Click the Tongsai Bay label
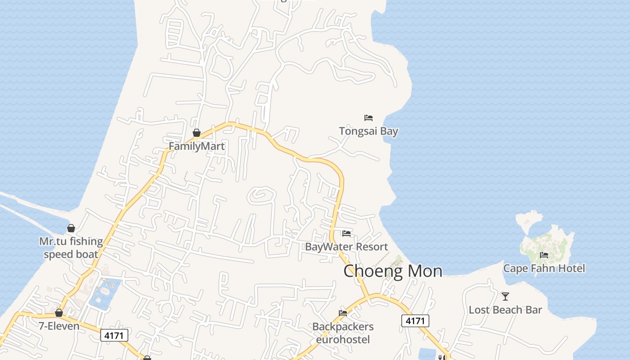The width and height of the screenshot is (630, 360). pos(368,131)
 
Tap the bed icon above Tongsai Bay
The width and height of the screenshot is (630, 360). pos(369,118)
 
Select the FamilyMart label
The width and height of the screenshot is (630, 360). pos(196,146)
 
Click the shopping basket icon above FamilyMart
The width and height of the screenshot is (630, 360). pos(196,133)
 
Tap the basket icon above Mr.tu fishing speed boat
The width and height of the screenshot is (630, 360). pos(71,228)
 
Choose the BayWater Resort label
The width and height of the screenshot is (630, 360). pos(346,247)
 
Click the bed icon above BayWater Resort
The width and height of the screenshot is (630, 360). pos(346,233)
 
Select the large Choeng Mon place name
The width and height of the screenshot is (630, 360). pos(392,271)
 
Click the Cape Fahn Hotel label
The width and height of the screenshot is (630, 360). pos(544,269)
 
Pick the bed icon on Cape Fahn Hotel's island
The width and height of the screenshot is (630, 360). pos(544,255)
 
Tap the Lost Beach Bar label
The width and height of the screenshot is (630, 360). pos(505,310)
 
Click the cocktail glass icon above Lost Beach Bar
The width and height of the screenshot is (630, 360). pos(505,297)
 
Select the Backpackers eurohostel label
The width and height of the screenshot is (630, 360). pos(343,333)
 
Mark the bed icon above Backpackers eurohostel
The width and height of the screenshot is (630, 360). pos(343,313)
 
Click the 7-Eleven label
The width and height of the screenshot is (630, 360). pos(59,326)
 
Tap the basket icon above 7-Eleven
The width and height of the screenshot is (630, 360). pos(59,313)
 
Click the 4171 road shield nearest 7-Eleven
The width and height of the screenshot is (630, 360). pos(114,335)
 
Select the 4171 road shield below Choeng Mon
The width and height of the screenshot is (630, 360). pos(415,321)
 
